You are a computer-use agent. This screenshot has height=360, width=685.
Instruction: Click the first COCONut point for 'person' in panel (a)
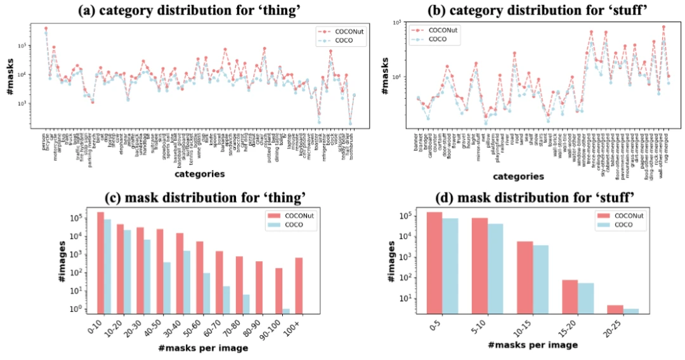(46, 28)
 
